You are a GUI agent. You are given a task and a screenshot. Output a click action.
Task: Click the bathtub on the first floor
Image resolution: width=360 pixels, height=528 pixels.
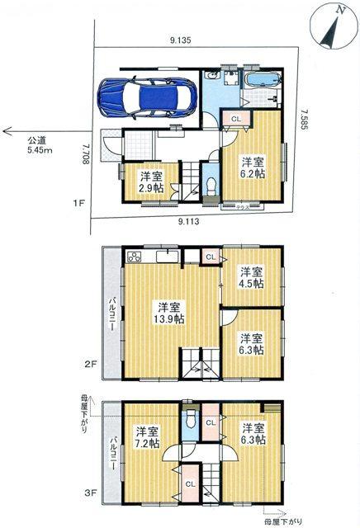point(263,81)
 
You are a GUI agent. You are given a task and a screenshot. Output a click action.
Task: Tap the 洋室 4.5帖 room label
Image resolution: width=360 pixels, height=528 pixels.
point(252,278)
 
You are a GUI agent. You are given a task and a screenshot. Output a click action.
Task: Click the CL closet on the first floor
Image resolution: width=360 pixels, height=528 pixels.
point(236,118)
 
